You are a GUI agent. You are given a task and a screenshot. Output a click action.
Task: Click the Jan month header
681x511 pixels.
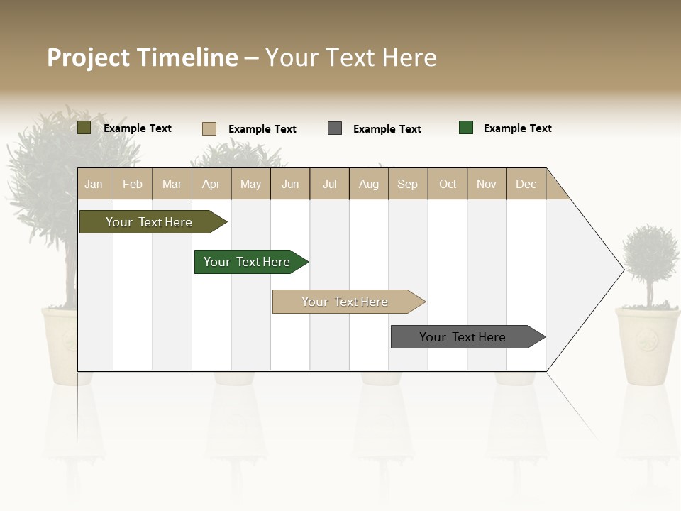[94, 184]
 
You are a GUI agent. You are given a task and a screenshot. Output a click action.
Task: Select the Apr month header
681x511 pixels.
[211, 184]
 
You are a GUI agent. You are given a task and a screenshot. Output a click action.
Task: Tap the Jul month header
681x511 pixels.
[329, 184]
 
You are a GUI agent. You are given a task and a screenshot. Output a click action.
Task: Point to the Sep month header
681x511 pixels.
[407, 184]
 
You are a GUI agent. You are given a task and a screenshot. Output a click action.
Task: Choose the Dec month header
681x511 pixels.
[526, 184]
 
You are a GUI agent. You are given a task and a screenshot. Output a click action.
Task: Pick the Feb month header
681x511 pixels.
[133, 184]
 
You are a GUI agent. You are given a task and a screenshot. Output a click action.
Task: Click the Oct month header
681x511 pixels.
[448, 184]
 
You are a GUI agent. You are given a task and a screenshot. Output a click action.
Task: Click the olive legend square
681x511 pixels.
[84, 128]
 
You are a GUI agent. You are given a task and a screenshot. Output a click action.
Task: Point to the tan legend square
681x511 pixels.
[209, 128]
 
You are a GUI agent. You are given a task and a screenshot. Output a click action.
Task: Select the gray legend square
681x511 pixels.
[335, 128]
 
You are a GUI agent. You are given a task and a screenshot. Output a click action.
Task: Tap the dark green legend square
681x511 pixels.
[466, 128]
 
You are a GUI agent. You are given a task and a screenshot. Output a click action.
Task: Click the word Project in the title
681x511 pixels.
[88, 57]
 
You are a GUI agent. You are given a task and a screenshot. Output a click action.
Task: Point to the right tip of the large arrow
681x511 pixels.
[622, 269]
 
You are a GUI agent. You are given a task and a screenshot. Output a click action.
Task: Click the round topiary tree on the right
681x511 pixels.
[650, 254]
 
